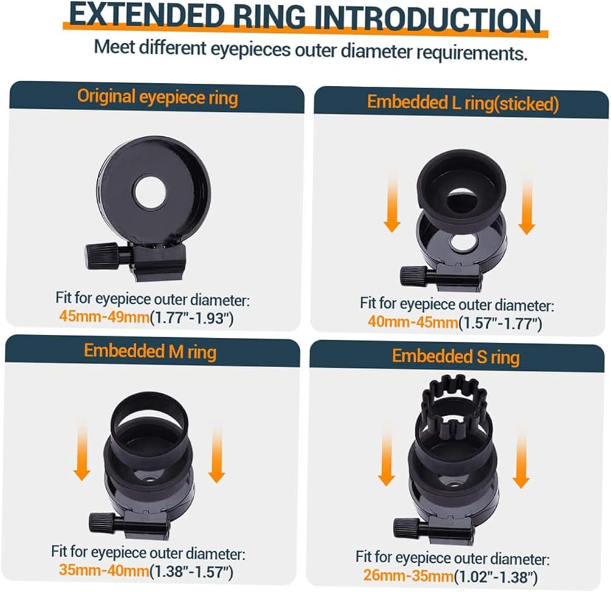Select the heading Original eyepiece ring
coord(158,97)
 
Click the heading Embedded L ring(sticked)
coord(463,103)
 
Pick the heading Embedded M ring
coord(150,351)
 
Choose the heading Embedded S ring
coord(456,357)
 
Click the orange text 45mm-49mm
coord(104,317)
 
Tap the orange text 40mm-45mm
coord(412,322)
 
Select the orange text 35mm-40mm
coord(104,571)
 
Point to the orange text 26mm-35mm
coord(408,576)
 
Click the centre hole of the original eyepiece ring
coord(150,192)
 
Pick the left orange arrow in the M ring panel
coord(82,450)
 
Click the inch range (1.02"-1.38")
coord(496,576)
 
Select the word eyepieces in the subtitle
coord(251,49)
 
